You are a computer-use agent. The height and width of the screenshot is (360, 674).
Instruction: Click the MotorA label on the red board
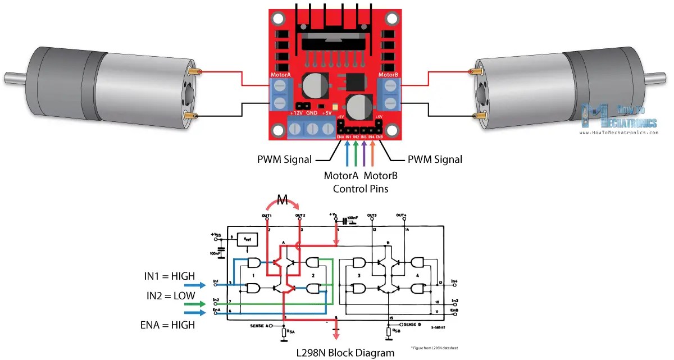coord(280,74)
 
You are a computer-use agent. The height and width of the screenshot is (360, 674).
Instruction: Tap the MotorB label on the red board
coord(388,74)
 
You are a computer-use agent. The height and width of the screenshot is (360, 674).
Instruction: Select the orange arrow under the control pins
coord(372,153)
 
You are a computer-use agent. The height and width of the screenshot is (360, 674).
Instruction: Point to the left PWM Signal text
coord(285,160)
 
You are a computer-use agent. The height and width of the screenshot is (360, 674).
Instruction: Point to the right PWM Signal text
coord(435,160)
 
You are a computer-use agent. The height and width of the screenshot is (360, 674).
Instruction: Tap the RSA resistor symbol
coord(283,333)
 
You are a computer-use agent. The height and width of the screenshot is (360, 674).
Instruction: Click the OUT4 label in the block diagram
coord(401,215)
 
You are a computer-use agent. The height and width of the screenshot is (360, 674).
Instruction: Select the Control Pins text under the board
coord(360,189)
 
